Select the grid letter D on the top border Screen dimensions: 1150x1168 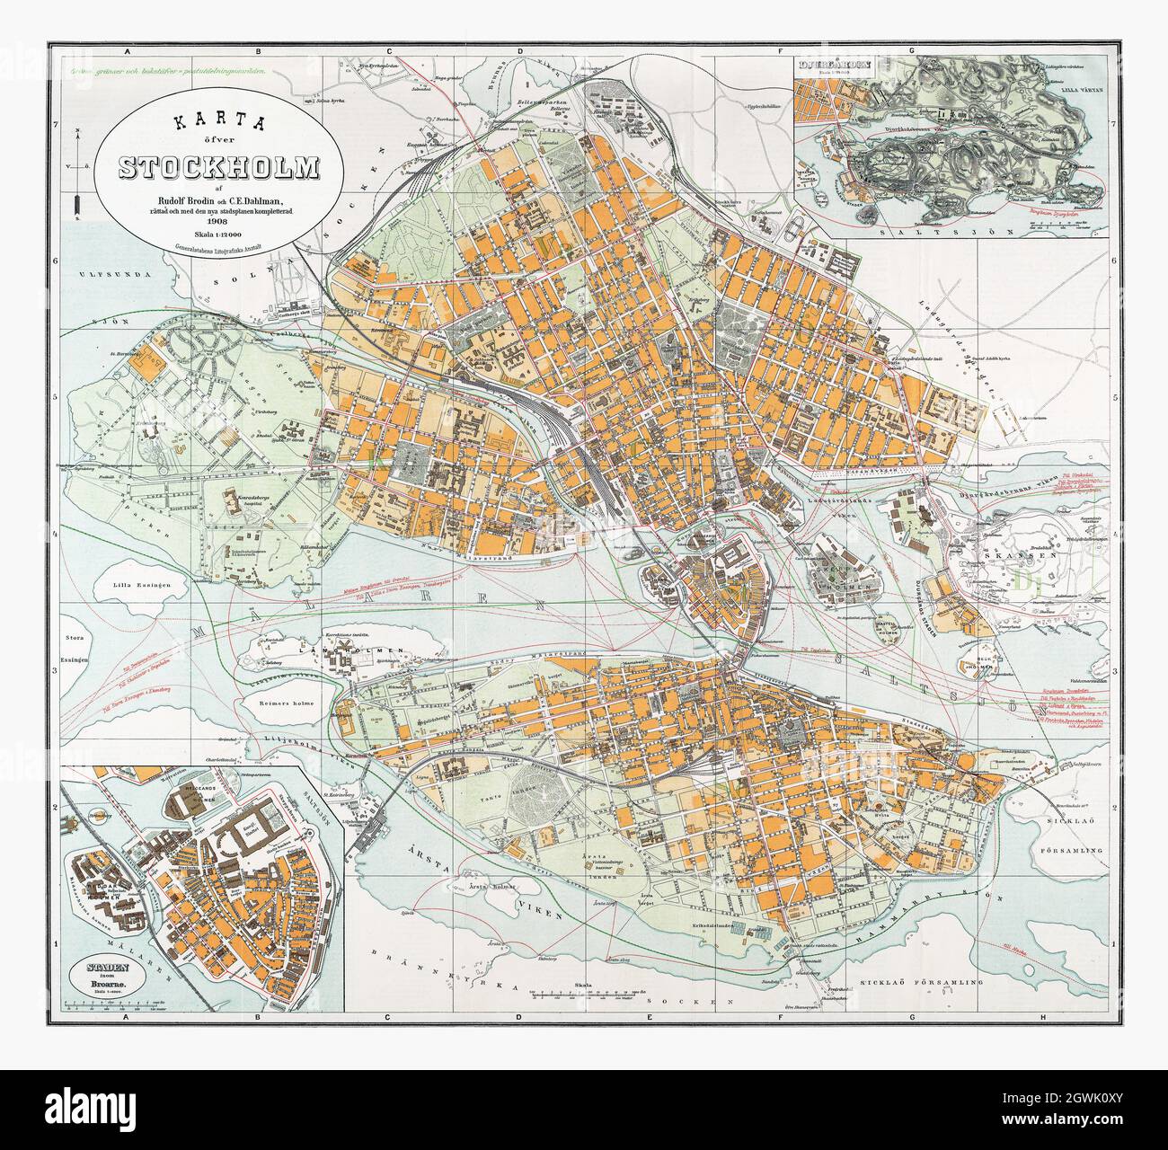pyautogui.click(x=519, y=51)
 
